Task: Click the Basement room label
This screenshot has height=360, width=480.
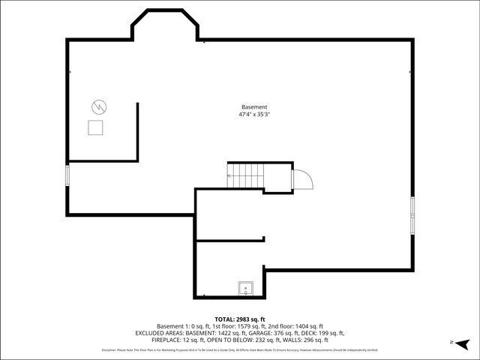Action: pyautogui.click(x=254, y=107)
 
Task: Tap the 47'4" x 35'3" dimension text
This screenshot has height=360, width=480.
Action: pyautogui.click(x=254, y=115)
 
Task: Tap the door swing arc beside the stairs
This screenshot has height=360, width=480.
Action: pyautogui.click(x=301, y=180)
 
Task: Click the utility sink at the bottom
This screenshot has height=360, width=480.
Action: pyautogui.click(x=245, y=289)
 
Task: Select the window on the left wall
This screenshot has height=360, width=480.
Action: pyautogui.click(x=67, y=175)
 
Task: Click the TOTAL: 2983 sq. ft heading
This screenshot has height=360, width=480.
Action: pyautogui.click(x=240, y=319)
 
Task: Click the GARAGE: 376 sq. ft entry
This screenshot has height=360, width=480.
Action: pyautogui.click(x=274, y=333)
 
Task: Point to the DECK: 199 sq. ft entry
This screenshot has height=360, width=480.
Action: pyautogui.click(x=322, y=333)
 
